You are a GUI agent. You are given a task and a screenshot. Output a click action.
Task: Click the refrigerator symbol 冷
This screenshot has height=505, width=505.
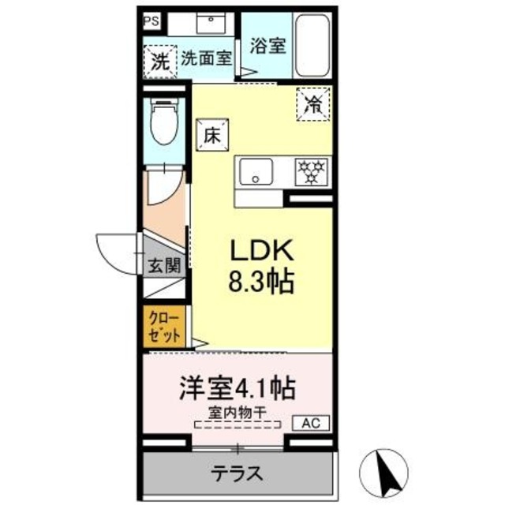point(313,104)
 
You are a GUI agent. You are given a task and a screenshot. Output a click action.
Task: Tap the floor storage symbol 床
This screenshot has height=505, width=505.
point(211,135)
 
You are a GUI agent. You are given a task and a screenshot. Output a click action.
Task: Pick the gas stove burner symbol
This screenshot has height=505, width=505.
point(311,171)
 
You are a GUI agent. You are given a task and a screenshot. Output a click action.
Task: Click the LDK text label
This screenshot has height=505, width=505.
point(261,252)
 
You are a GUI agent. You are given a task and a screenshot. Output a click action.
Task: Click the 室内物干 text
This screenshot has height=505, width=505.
point(238,412)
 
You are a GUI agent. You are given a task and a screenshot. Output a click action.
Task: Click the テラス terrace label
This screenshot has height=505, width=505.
point(237,474)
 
